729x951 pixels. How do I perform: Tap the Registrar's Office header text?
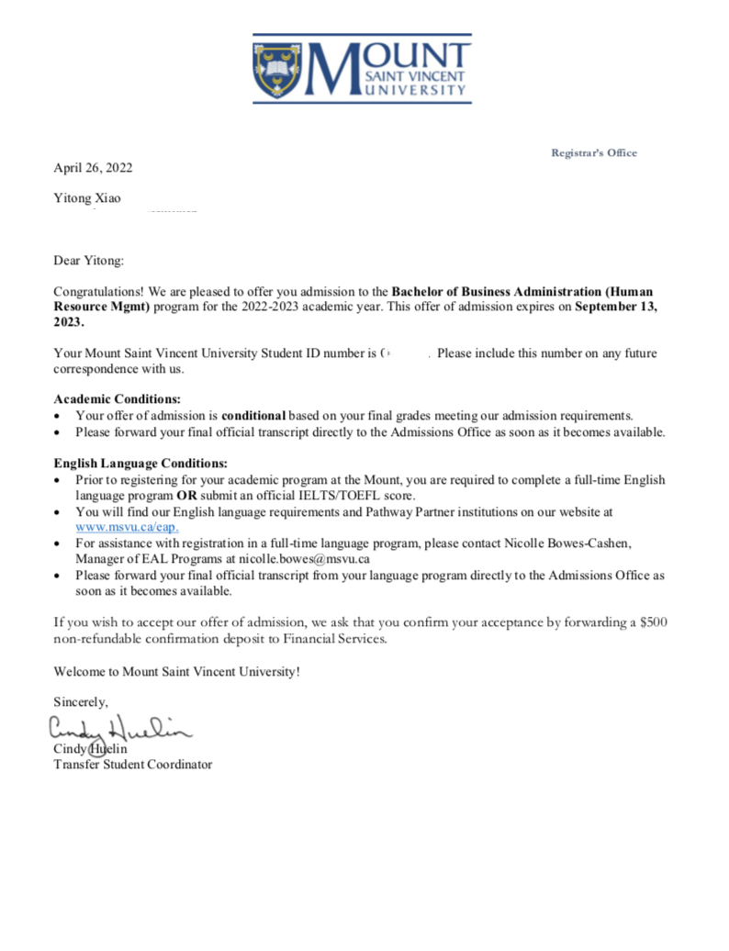(593, 152)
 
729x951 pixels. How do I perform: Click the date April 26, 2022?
(93, 167)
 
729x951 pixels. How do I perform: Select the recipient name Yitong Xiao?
(87, 197)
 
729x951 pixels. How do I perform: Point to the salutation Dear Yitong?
(88, 261)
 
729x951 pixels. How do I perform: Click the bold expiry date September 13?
(615, 307)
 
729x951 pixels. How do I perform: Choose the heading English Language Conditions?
(140, 464)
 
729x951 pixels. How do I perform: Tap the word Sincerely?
(81, 702)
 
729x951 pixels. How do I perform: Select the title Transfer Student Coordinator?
(133, 764)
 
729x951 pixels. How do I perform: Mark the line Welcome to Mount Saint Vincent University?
(176, 671)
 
